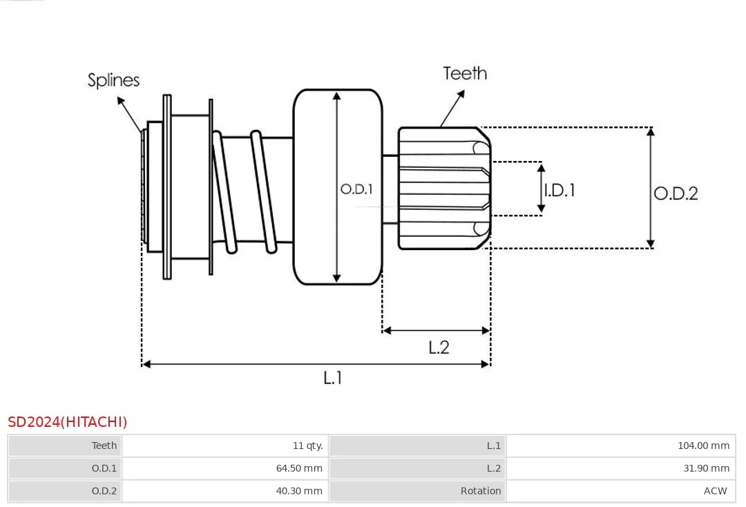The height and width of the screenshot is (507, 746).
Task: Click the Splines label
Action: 113,80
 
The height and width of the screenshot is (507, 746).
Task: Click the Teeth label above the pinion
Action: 465,73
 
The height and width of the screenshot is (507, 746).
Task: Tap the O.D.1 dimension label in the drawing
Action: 356,189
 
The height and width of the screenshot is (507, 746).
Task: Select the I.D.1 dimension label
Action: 559,190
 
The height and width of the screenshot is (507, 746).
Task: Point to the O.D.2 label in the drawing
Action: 676,193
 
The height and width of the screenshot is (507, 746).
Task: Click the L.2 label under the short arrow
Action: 439,347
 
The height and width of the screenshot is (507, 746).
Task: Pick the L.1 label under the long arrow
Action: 332,378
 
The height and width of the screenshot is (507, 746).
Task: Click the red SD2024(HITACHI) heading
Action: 68,422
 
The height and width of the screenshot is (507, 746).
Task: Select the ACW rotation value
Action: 715,491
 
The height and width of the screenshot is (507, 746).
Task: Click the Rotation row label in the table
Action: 481,491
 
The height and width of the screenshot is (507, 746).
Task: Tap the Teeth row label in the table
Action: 104,446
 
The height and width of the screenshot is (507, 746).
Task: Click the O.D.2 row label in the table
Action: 104,491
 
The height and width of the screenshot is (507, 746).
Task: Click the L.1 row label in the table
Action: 493,446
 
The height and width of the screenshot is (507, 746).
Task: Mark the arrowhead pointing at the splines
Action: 120,100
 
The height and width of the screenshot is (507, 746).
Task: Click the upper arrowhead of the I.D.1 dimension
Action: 541,167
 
